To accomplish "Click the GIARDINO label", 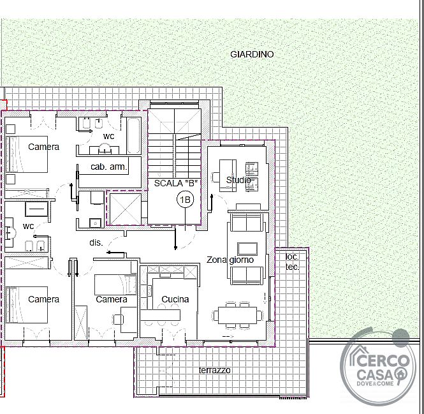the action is point(252,54).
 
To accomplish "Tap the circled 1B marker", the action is point(186,200).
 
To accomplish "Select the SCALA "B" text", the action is point(176,183).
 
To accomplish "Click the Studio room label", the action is point(238,180).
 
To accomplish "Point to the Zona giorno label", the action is point(230,260).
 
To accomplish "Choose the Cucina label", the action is point(175,299).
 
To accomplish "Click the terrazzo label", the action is point(215,370).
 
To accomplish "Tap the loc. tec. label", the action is point(292,262).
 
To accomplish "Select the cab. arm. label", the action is point(108,166).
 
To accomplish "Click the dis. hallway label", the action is point(96,242).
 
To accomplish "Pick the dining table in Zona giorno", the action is point(237,315).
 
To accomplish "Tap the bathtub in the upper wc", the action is point(134,136).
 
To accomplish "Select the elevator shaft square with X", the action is point(126,209).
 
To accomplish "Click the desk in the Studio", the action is point(228,175).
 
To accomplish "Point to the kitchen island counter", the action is point(160,315).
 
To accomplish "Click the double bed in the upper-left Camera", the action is point(27,154).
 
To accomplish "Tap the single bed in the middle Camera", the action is point(115,285).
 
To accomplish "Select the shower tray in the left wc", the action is point(36,209).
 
